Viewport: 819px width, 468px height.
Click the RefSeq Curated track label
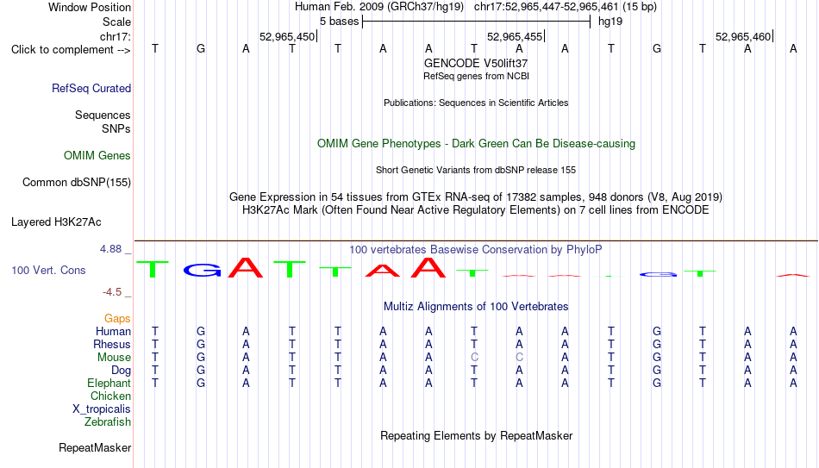point(91,88)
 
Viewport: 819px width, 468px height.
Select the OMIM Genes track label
point(97,156)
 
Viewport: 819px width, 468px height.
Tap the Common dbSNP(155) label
point(77,183)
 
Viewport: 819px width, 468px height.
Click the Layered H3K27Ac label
point(56,222)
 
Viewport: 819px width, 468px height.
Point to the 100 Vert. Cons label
point(48,270)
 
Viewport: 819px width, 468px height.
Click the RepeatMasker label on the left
point(95,447)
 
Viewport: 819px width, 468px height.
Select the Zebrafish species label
point(108,421)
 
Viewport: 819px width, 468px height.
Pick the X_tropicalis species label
point(102,409)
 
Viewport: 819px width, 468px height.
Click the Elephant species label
point(109,383)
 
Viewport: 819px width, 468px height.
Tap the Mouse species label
point(114,358)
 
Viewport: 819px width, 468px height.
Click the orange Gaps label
point(117,319)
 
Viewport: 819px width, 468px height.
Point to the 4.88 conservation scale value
point(110,249)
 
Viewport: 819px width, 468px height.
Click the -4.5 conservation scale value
point(112,292)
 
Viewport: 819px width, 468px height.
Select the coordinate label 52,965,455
point(515,36)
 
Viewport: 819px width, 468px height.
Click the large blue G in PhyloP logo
point(202,270)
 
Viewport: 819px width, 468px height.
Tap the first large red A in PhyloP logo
point(246,267)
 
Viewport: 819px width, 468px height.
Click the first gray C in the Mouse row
point(474,358)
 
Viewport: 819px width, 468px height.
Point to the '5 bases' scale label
point(340,22)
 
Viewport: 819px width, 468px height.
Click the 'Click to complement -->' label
point(71,50)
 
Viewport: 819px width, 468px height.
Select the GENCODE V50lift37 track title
point(476,63)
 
